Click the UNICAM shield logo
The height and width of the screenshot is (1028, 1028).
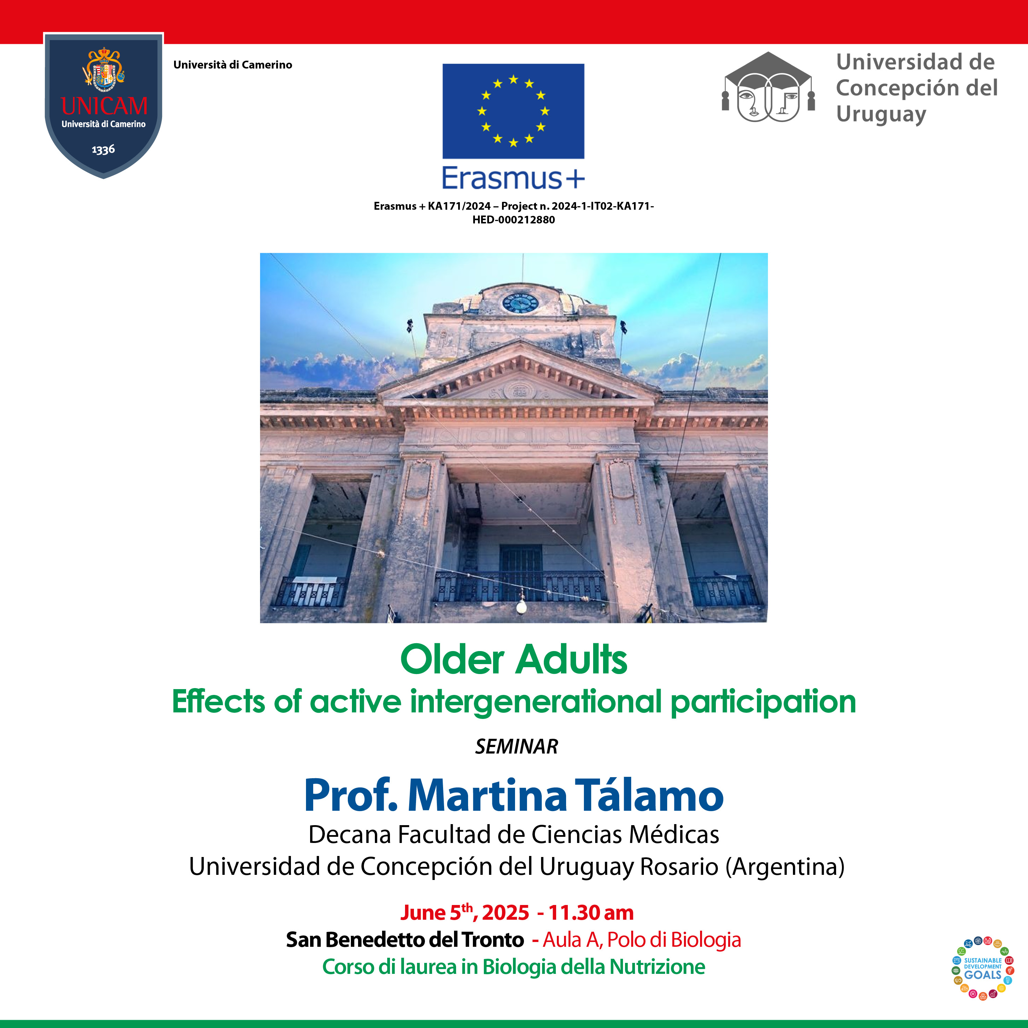[x=104, y=105]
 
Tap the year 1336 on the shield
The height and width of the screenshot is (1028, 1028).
[x=103, y=149]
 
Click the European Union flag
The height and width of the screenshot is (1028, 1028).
[x=513, y=111]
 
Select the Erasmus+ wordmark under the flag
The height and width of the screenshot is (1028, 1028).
[x=513, y=178]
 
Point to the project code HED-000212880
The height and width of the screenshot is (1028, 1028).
[x=513, y=220]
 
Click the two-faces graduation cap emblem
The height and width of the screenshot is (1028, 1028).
[x=768, y=88]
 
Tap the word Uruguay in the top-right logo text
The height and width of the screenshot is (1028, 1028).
[x=881, y=114]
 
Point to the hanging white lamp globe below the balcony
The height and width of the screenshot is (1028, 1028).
[x=522, y=606]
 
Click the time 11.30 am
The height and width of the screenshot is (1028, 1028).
[x=591, y=913]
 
